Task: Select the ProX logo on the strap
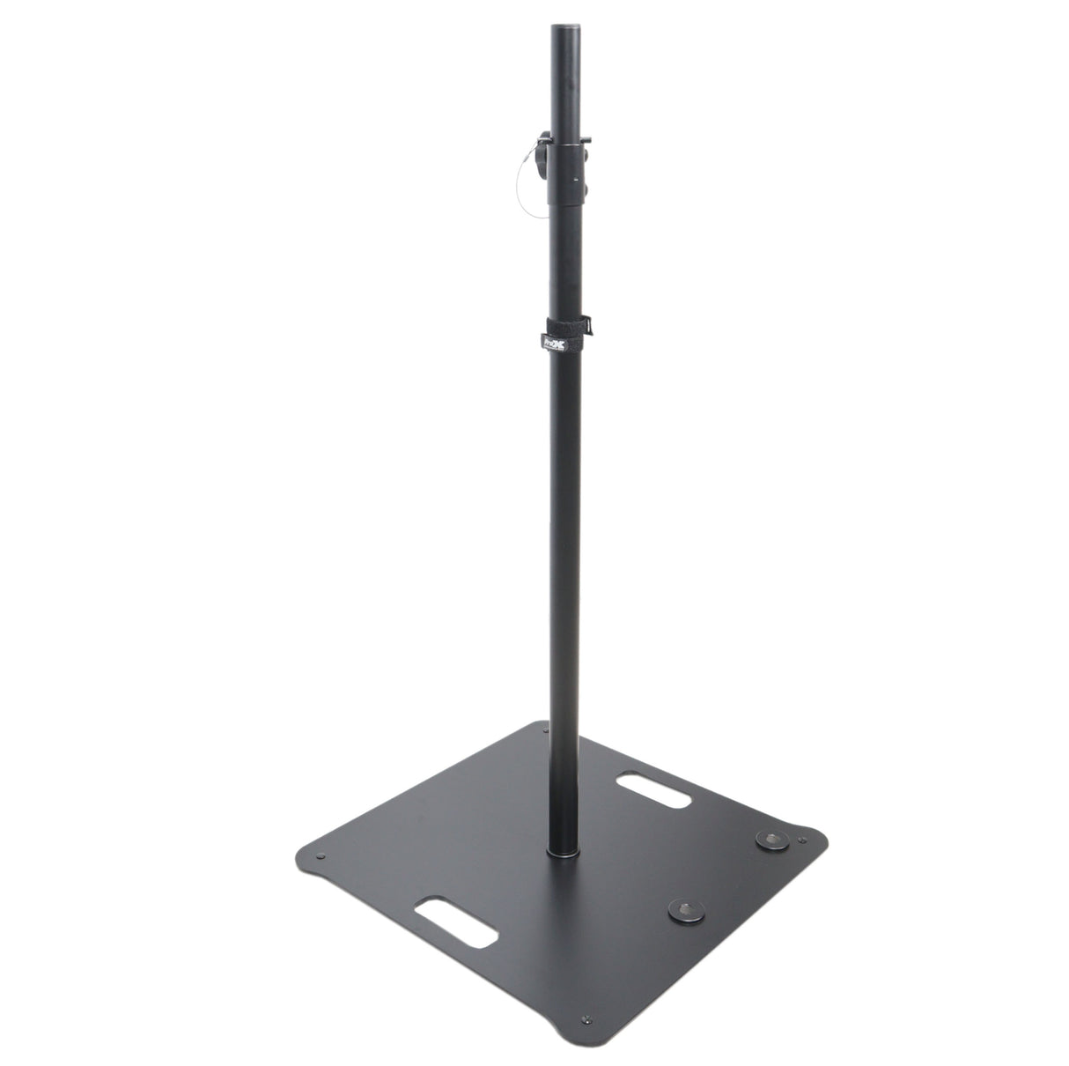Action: tap(537, 337)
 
